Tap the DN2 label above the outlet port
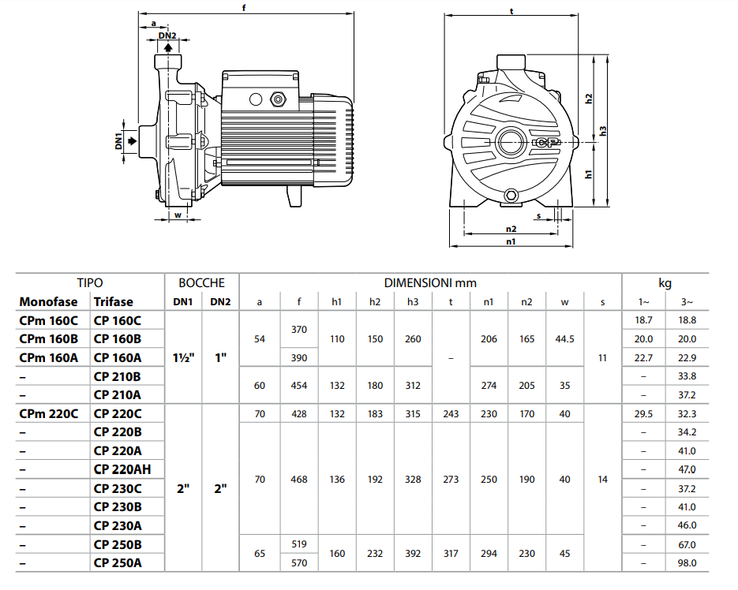tap(167, 35)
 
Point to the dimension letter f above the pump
tap(245, 9)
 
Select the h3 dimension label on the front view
tap(603, 131)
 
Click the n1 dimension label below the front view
tap(511, 242)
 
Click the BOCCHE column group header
tap(201, 282)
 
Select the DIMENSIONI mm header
tap(430, 282)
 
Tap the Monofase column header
tap(49, 301)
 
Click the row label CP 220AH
tap(122, 469)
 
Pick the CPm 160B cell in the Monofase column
tap(49, 338)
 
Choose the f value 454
tap(299, 386)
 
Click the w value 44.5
tap(564, 338)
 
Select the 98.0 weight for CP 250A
tap(687, 562)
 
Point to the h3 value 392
tap(413, 554)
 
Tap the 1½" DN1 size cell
tap(183, 357)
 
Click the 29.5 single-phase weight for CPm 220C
tap(643, 413)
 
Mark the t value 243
tap(451, 413)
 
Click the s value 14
tap(602, 479)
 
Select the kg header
tap(665, 282)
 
